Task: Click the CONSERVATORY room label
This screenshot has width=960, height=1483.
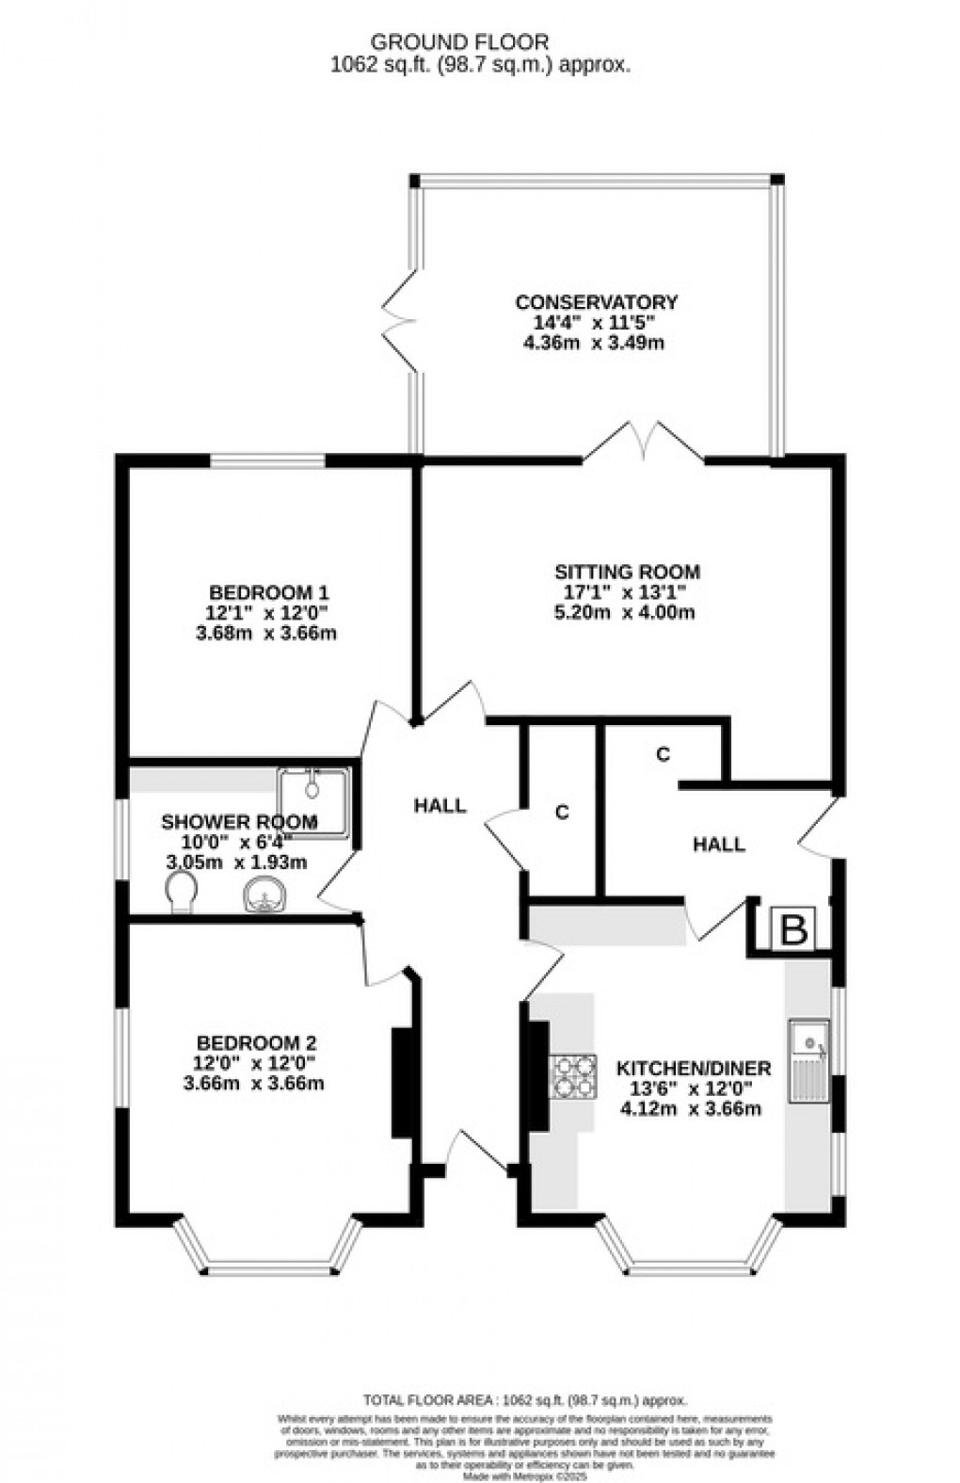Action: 596,302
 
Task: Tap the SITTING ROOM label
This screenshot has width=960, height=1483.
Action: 627,572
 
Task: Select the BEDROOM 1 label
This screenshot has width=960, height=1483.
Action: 268,592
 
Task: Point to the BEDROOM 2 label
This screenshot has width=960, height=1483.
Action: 256,1042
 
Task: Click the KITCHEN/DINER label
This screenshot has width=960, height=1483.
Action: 693,1068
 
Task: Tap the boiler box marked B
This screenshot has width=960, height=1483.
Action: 794,930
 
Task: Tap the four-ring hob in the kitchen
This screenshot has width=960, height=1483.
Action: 574,1075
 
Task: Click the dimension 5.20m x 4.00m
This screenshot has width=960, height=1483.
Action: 624,612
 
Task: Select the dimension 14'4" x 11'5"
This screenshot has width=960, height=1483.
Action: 595,322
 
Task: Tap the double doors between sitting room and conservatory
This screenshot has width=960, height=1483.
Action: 644,443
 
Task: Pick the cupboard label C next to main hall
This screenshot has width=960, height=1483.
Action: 562,813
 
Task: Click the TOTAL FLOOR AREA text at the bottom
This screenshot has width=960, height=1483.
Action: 524,1400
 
